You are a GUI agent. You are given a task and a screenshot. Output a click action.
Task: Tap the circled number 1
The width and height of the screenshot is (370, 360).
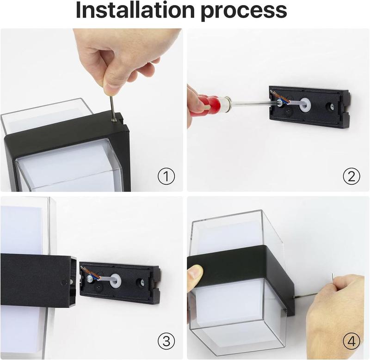tap(166, 177)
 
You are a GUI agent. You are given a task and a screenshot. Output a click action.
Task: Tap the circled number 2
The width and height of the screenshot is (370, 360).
tap(351, 177)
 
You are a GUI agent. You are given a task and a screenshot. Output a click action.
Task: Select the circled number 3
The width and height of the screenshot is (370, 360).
tap(166, 341)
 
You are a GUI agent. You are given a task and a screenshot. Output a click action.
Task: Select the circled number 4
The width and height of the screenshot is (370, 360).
tap(351, 341)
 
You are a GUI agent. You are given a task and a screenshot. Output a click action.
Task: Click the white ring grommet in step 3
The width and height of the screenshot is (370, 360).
tap(115, 281)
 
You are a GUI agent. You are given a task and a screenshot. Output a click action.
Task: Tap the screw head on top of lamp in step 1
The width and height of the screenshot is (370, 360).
tap(114, 120)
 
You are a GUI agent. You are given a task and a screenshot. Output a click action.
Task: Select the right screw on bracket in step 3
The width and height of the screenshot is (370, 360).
tap(142, 282)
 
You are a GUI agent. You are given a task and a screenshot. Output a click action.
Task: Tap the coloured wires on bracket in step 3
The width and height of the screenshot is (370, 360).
tap(90, 273)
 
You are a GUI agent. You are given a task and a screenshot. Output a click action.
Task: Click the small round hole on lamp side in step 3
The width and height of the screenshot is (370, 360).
tap(64, 282)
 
